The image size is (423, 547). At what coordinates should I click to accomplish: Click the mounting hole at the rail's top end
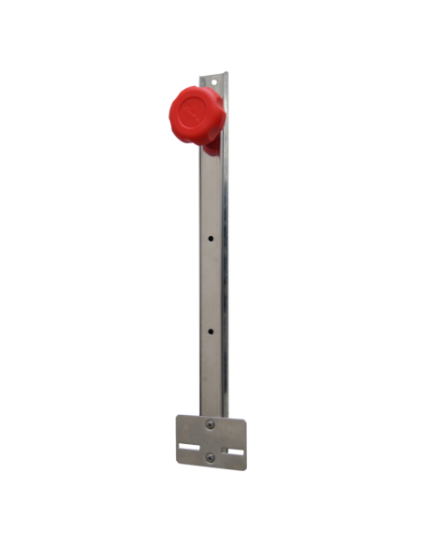[216, 81]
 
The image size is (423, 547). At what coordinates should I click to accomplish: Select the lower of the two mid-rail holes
[211, 331]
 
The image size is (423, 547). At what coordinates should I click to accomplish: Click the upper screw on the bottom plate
[210, 424]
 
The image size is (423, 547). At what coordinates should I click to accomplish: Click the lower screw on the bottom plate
[210, 457]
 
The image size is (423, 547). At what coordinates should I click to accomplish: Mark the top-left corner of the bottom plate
[178, 418]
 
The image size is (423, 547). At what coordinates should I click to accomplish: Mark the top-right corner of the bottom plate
[245, 418]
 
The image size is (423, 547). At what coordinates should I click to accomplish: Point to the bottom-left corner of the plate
[178, 464]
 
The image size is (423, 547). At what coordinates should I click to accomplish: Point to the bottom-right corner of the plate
[245, 464]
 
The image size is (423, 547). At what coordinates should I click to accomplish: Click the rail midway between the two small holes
[211, 285]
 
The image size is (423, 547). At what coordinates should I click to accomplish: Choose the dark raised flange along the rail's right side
[225, 281]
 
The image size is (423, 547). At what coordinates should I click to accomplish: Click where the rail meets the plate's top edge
[212, 416]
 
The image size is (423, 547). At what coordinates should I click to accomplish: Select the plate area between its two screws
[210, 441]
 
